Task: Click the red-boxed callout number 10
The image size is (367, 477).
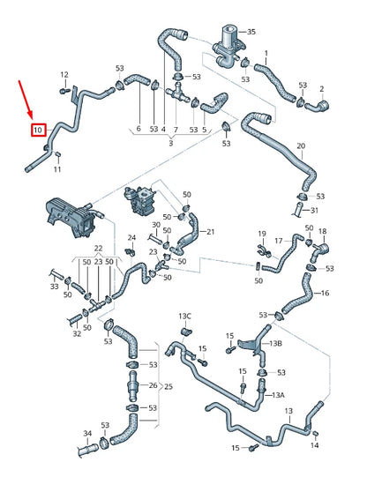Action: pos(37,131)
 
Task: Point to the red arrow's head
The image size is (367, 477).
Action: pos(34,117)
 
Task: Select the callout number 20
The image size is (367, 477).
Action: pos(301,145)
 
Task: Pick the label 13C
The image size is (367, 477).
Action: pos(184,315)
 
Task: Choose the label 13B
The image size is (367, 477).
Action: pos(275,343)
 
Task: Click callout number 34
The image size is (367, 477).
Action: pos(87,433)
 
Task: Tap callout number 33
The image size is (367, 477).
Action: pos(54,287)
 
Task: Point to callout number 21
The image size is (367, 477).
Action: pos(209,232)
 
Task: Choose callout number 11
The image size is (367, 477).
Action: pos(58,169)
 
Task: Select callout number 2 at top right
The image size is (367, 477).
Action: pos(322,89)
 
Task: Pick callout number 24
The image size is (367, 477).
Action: pos(131,237)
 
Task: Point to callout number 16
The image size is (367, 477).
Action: pos(325,294)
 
